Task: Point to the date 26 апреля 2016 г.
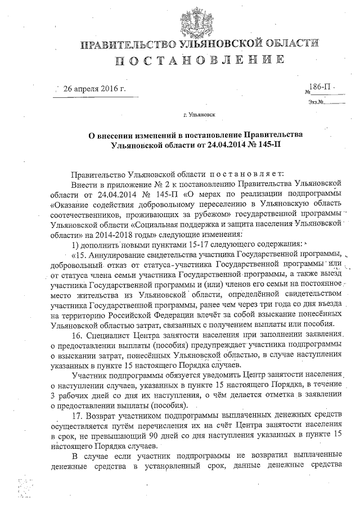point(94,89)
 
